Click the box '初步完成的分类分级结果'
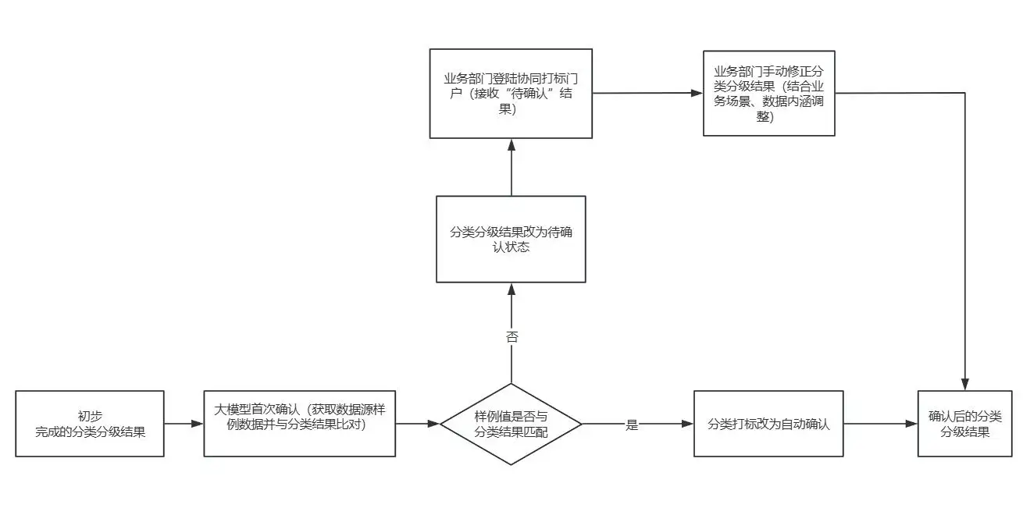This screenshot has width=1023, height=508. (x=90, y=424)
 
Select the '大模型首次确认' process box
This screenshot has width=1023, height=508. (x=299, y=424)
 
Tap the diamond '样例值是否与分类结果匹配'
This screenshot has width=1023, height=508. (x=511, y=424)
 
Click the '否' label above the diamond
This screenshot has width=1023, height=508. (x=511, y=338)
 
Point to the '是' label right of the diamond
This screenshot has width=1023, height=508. (x=632, y=425)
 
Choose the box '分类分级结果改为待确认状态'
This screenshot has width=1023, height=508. (x=511, y=239)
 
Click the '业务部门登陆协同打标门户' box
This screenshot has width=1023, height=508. (x=511, y=94)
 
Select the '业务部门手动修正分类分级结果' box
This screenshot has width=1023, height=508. (x=768, y=93)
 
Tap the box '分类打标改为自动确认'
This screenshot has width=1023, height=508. (x=768, y=424)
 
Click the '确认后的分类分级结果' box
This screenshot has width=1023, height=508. (x=964, y=424)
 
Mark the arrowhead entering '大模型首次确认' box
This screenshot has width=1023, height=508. (x=198, y=424)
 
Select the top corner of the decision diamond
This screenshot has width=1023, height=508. (x=511, y=384)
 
